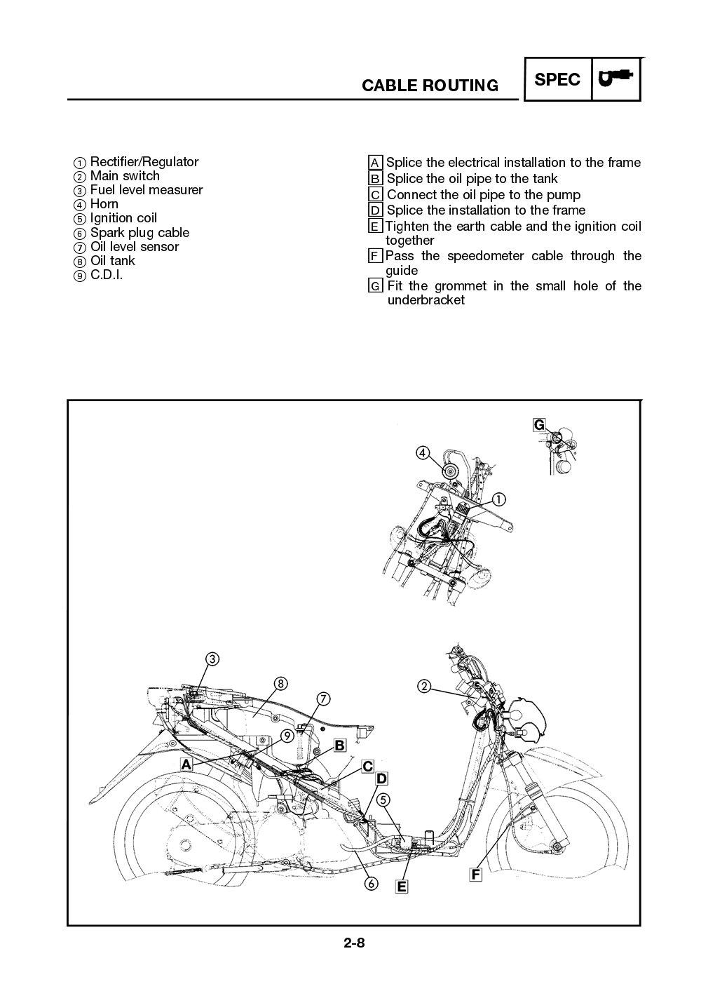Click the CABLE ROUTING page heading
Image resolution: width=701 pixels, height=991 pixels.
[430, 86]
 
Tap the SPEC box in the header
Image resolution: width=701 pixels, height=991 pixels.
[557, 79]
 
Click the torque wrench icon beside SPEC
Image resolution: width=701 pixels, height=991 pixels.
[616, 79]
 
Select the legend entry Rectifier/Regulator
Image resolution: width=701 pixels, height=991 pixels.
[144, 162]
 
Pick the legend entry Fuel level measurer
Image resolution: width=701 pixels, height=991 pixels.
[146, 190]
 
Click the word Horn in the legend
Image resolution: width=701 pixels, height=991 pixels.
[104, 204]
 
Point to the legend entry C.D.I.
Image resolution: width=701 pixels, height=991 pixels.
[106, 275]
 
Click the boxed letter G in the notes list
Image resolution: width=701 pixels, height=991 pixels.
[376, 286]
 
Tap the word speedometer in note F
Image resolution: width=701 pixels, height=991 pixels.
[486, 256]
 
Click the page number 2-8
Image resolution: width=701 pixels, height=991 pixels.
[354, 943]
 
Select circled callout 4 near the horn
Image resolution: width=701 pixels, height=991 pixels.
[423, 452]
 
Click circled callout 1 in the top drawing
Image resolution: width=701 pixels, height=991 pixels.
[498, 499]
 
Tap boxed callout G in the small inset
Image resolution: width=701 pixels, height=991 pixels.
[539, 425]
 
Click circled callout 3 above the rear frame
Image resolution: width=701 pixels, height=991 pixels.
[212, 659]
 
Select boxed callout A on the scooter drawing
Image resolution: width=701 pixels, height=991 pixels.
[186, 764]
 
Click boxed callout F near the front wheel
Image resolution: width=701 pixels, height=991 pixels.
[476, 875]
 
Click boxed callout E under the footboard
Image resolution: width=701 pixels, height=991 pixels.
[402, 887]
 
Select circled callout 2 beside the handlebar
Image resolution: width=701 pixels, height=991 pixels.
[424, 686]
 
